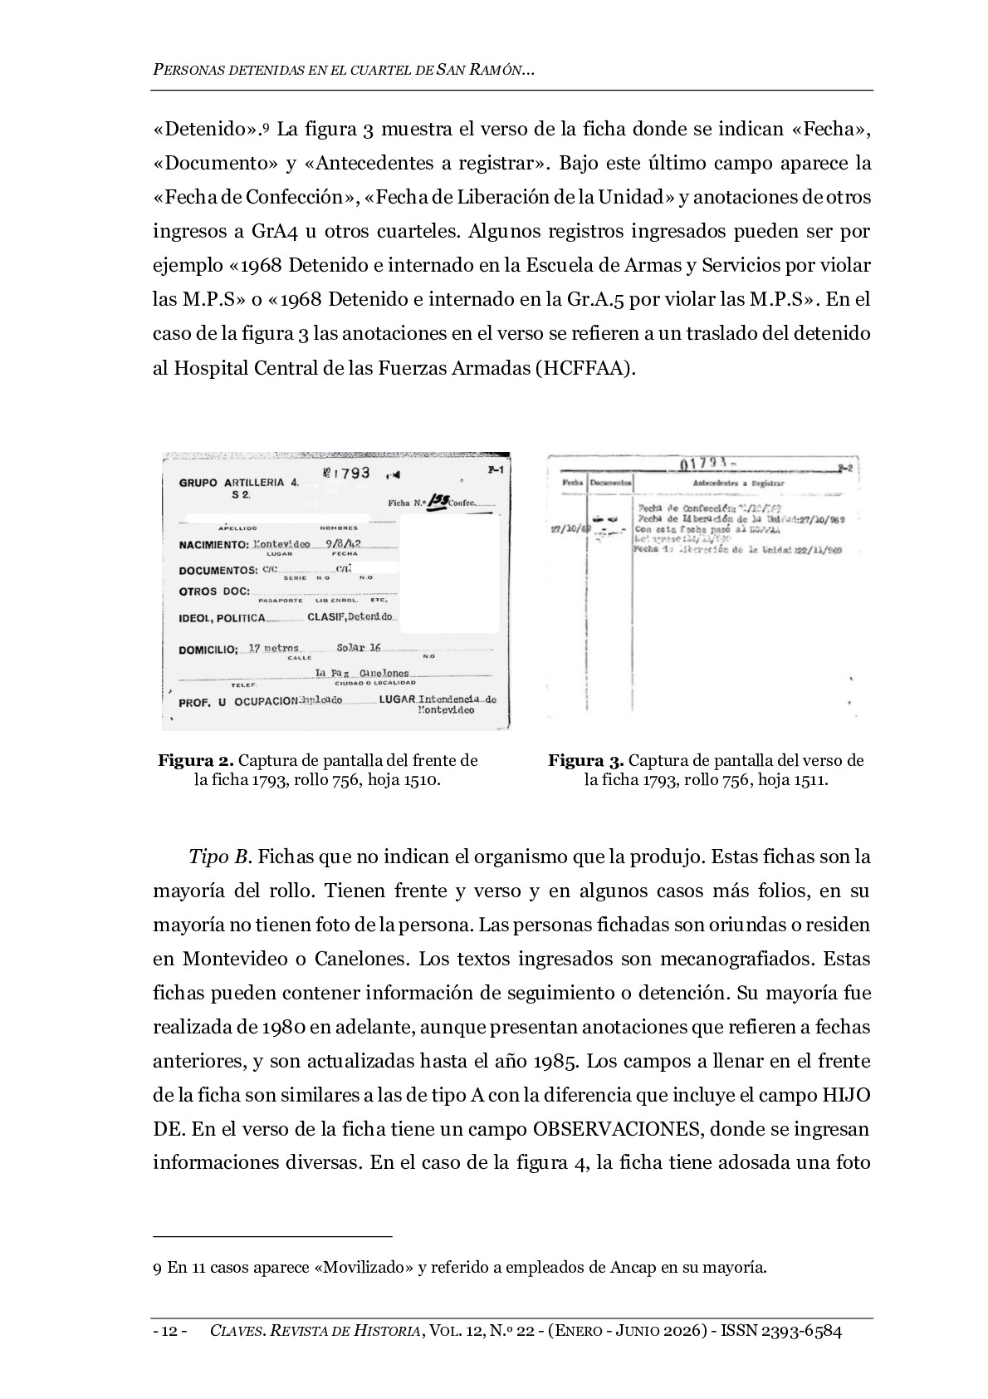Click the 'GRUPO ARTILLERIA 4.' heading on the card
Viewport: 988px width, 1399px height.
pyautogui.click(x=238, y=482)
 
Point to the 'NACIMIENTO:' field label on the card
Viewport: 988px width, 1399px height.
pyautogui.click(x=213, y=545)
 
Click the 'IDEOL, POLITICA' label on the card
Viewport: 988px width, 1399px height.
pyautogui.click(x=222, y=618)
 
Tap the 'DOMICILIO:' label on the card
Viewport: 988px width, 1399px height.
pyautogui.click(x=208, y=650)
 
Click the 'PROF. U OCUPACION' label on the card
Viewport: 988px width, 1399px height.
pyautogui.click(x=238, y=702)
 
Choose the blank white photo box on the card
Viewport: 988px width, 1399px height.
pyautogui.click(x=449, y=574)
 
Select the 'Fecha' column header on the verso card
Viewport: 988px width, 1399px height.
pyautogui.click(x=572, y=483)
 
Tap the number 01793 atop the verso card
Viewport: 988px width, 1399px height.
pyautogui.click(x=704, y=464)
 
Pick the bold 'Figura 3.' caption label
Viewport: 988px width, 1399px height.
pyautogui.click(x=585, y=761)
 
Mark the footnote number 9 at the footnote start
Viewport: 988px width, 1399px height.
pyautogui.click(x=157, y=1268)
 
